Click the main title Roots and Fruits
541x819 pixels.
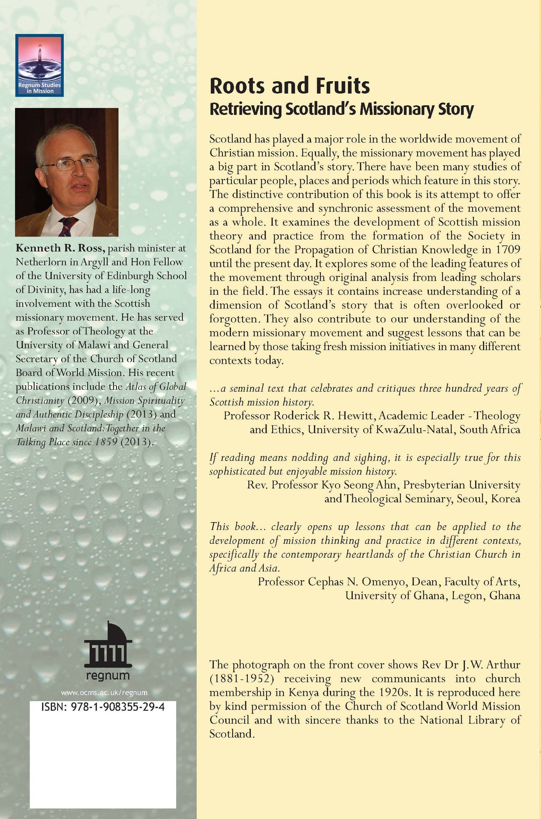click(x=289, y=86)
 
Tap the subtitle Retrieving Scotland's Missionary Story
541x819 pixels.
click(x=341, y=109)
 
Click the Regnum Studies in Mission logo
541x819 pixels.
click(x=39, y=65)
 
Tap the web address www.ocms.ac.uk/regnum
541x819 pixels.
click(x=104, y=693)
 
